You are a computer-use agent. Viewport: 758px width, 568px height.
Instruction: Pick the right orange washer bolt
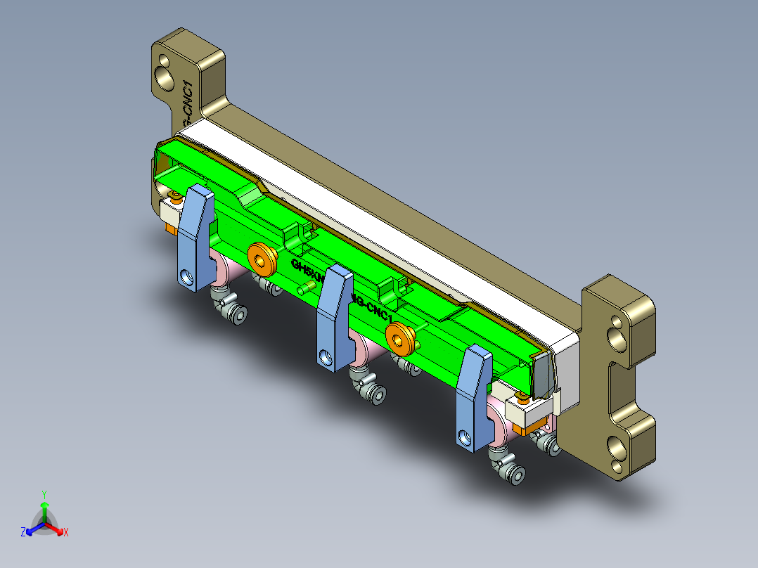400,337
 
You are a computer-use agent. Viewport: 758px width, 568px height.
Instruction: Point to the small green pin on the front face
307,288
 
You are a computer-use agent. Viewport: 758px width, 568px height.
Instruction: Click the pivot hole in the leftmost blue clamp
186,277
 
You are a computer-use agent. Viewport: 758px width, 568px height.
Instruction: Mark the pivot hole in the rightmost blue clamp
464,438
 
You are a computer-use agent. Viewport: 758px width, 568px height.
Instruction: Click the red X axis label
66,533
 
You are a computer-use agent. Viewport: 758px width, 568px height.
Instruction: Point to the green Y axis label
44,494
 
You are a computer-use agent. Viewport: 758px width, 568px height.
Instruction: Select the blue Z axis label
23,533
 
